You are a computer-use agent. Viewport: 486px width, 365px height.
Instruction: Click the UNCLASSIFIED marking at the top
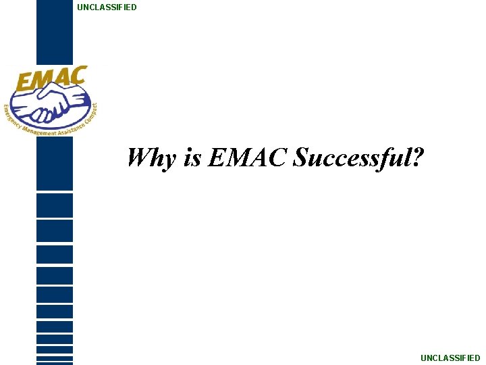107,7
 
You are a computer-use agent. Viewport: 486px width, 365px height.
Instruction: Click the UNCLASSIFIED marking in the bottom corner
450,358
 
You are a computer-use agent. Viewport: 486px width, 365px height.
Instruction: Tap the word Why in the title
152,158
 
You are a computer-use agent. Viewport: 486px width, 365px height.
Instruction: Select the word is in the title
192,157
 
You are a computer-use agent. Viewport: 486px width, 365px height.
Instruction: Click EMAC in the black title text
248,157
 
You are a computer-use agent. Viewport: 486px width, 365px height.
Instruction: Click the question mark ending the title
418,157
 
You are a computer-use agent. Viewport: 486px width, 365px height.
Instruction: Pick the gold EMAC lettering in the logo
51,79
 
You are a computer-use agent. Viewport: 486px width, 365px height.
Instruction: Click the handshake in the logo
51,105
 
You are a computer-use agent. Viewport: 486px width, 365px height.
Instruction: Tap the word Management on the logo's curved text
40,131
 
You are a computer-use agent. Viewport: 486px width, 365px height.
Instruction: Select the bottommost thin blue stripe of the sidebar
54,363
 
